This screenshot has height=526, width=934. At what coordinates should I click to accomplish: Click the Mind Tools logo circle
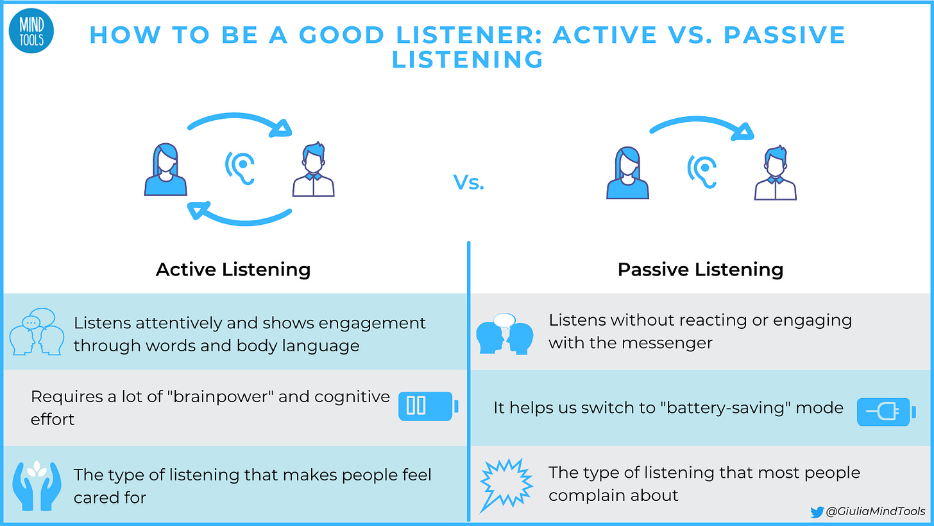[x=31, y=33]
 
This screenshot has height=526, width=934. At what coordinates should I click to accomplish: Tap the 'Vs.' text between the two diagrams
[x=469, y=183]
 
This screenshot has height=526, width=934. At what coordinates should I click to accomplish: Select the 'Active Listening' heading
[x=233, y=269]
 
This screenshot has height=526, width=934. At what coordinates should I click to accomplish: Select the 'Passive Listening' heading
[x=701, y=269]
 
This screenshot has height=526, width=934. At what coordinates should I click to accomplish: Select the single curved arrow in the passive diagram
[x=702, y=125]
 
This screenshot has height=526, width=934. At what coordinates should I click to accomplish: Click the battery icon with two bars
[x=427, y=407]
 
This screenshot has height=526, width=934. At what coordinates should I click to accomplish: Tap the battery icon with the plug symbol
[x=886, y=412]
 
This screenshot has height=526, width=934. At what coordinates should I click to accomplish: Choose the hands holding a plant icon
[x=37, y=483]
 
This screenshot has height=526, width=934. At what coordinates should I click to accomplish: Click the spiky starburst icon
[x=506, y=483]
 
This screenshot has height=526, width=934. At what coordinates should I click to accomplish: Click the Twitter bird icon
[x=817, y=512]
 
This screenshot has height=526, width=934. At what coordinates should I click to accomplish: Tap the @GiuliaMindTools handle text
[x=876, y=512]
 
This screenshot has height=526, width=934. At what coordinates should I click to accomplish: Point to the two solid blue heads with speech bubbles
[x=505, y=333]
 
